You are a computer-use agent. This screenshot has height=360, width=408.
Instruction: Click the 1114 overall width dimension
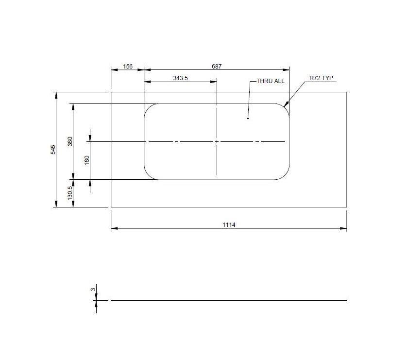point(229,224)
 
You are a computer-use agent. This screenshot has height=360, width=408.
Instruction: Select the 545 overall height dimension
point(53,150)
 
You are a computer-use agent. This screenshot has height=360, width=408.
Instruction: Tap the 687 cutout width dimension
point(217,66)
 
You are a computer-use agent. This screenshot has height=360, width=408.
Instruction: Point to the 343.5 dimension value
point(180,78)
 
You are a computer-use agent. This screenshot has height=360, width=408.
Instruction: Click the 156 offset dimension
point(127,66)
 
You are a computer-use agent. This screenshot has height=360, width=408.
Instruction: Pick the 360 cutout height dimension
point(70,141)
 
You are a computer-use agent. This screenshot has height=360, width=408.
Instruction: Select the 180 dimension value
point(87,160)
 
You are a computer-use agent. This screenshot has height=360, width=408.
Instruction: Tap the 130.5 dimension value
point(70,193)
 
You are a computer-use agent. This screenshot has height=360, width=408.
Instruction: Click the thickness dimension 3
point(92,290)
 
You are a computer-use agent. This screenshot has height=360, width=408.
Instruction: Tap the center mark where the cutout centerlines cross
point(217,141)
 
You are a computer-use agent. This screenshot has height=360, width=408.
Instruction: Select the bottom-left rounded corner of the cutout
point(149,175)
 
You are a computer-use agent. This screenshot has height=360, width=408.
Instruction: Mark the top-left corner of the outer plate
point(111,92)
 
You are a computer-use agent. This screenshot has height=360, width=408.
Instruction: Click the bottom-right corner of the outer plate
point(347,207)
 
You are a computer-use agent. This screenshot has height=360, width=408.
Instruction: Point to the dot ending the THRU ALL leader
point(248,118)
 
